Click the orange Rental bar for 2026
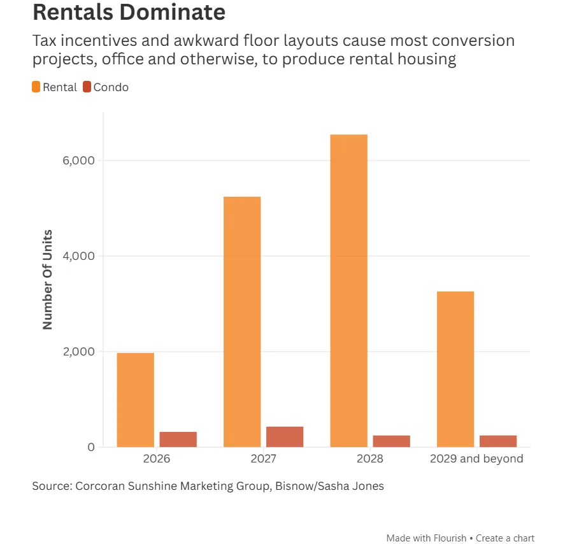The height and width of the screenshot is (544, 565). coord(135,400)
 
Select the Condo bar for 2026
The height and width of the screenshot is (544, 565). coord(178,440)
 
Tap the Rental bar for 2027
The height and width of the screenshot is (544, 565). coord(242,322)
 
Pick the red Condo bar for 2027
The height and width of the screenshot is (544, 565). coord(285,437)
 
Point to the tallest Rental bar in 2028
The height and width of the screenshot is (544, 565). coord(348,290)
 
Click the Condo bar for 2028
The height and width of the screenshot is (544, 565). coord(391,441)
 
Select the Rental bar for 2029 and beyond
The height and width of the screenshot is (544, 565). coord(455,369)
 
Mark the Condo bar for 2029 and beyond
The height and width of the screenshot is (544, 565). coord(498,441)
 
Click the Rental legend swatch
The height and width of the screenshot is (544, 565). coord(36,87)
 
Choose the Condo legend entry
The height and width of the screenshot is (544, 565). coord(106,87)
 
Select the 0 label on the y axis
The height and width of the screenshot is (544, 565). coord(91,447)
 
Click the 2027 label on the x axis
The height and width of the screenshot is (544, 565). coord(263,459)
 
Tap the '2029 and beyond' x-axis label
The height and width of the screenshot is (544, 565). coord(476,459)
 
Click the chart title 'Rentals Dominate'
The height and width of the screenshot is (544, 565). coord(129,12)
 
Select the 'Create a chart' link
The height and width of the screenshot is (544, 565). coord(505,538)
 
